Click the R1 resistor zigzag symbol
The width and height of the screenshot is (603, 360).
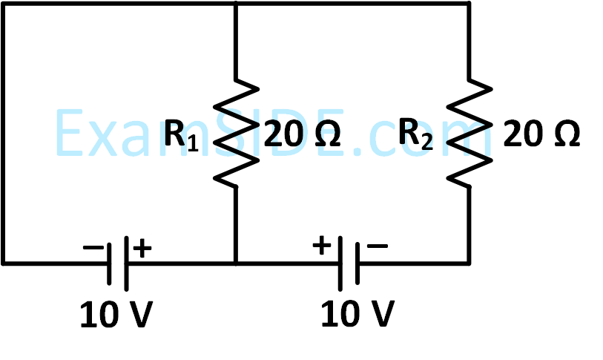tap(236, 132)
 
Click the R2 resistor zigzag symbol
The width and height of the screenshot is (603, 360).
tap(469, 132)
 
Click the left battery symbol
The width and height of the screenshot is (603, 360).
tap(119, 262)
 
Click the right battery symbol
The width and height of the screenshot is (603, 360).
tap(347, 262)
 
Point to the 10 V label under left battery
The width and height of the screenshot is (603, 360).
tap(117, 316)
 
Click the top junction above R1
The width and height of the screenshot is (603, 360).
tap(236, 3)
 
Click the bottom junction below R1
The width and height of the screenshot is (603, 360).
tap(236, 262)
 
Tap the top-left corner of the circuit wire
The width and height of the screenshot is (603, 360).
tap(3, 3)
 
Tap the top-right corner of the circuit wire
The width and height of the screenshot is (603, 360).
tap(469, 3)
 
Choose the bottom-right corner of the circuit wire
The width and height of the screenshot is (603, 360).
tap(469, 262)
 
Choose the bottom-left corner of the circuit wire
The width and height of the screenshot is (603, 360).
tap(3, 262)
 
